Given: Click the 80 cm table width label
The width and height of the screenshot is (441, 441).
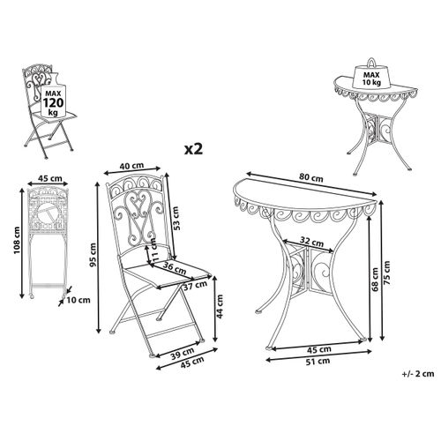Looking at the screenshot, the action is pos(311,177).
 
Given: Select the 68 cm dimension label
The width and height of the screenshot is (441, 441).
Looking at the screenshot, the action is pos(375,280).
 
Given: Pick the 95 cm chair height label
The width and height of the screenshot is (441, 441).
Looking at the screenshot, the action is pos(93,255).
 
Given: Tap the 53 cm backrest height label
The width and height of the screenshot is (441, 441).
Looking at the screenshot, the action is pos(176,218).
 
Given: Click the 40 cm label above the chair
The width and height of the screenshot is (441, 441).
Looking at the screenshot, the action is pos(131,166).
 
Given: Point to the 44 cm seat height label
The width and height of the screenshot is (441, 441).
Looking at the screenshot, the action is pos(220,306).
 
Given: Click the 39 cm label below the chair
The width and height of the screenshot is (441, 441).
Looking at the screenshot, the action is pos(183,353).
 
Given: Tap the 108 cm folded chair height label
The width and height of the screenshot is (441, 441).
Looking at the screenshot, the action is pos(17,241).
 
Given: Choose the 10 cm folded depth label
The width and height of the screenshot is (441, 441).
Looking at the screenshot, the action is pos(78,300).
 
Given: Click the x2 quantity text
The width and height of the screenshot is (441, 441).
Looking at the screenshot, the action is pos(193,149).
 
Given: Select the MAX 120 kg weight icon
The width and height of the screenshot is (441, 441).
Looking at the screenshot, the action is pos(53,94).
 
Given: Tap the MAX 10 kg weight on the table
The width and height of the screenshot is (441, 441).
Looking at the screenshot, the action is pos(372,74).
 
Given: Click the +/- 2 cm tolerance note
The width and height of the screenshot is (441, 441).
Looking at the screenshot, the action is pos(418,374).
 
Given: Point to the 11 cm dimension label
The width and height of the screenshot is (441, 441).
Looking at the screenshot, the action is pos(153,249).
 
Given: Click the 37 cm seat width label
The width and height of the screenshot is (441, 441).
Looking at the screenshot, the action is pos(196,286).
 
